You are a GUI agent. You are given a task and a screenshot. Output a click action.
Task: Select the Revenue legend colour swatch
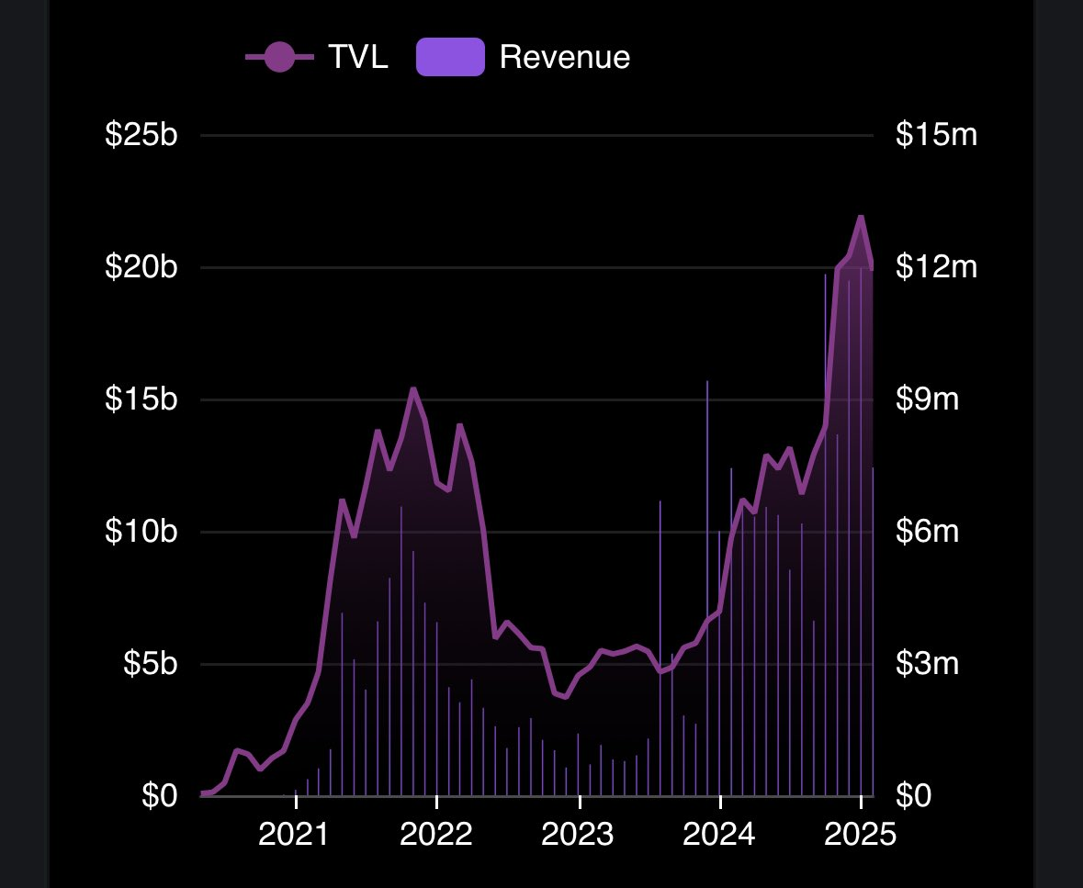click(450, 57)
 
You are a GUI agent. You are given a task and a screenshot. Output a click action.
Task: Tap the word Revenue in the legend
click(564, 57)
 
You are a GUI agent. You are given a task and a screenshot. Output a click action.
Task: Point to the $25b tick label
click(141, 136)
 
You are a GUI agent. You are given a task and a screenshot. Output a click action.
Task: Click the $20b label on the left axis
click(141, 268)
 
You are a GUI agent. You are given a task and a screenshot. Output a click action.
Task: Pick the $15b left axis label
click(141, 400)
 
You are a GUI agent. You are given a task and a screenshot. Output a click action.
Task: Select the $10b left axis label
click(141, 533)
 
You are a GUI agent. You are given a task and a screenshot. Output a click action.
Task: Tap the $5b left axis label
click(148, 664)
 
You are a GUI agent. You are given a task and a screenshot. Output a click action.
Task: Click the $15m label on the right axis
click(936, 136)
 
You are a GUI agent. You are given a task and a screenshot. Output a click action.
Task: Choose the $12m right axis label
click(936, 268)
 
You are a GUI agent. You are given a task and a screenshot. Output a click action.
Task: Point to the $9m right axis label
click(928, 400)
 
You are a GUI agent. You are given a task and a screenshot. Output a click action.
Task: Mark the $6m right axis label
click(928, 533)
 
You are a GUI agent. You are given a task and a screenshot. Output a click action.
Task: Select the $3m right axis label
click(928, 664)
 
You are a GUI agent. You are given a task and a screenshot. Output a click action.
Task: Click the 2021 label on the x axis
click(296, 836)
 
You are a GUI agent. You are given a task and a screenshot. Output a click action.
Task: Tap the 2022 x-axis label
click(437, 836)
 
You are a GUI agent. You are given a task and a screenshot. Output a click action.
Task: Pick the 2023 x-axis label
click(580, 836)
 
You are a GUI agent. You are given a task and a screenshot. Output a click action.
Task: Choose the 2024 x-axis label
click(721, 836)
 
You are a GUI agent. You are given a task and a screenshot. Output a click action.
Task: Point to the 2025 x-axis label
click(861, 836)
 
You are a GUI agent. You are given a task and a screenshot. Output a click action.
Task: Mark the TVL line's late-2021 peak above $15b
click(413, 388)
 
